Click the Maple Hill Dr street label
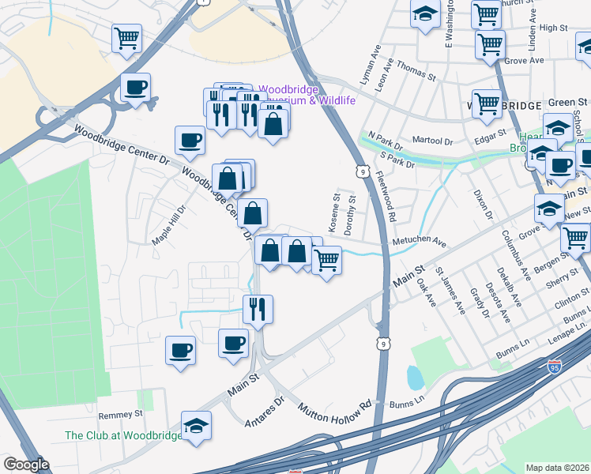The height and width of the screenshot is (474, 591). pyautogui.click(x=168, y=225)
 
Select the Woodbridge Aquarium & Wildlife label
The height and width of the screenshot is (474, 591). pyautogui.click(x=307, y=95)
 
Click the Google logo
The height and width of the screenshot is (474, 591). pyautogui.click(x=26, y=465)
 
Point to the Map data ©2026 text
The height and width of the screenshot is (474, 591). pyautogui.click(x=558, y=468)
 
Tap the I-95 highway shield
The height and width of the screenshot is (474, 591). pyautogui.click(x=556, y=366)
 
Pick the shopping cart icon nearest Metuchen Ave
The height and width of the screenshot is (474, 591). pyautogui.click(x=326, y=259)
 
